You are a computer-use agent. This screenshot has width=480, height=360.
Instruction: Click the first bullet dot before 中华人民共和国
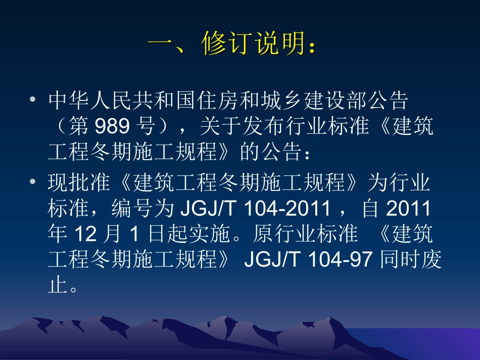[x=33, y=100]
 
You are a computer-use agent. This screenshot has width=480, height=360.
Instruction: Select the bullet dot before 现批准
[x=33, y=181]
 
